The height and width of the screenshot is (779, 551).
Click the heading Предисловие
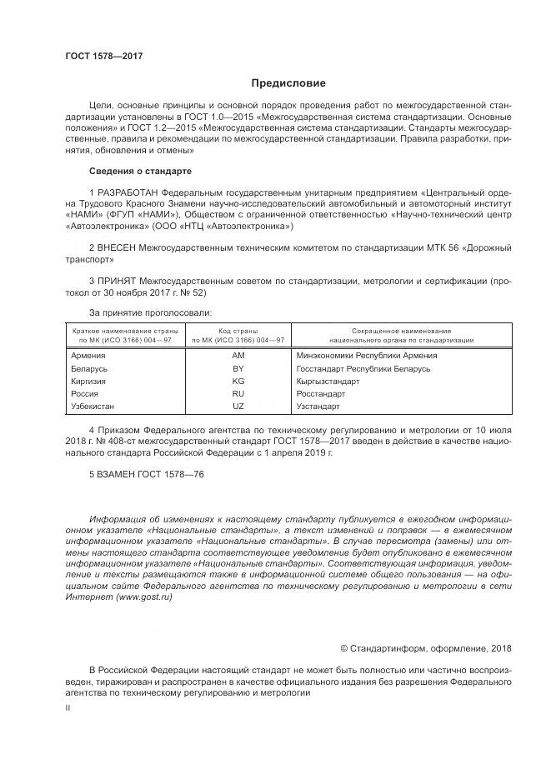pyautogui.click(x=288, y=83)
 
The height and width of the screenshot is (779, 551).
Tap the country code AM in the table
pyautogui.click(x=238, y=355)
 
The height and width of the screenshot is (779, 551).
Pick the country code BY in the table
pyautogui.click(x=238, y=367)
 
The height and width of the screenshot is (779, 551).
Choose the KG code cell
pyautogui.click(x=238, y=381)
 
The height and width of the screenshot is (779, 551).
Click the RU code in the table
pyautogui.click(x=238, y=393)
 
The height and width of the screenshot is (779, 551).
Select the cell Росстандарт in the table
pyautogui.click(x=321, y=393)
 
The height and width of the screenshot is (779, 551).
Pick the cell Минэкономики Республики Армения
pyautogui.click(x=366, y=355)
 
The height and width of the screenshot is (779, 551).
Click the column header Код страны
pyautogui.click(x=238, y=331)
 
